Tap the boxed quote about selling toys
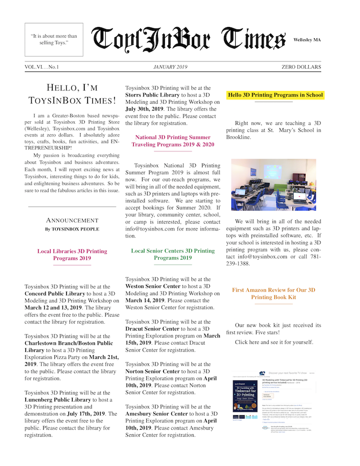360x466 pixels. coord(54,40)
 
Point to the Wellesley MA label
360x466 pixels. coord(307,40)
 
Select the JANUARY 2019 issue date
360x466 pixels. coord(170,67)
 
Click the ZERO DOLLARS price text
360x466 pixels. coord(301,67)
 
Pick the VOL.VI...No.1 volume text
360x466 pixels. coord(45,67)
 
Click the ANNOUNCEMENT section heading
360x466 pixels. coord(72,220)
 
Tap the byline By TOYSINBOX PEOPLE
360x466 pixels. coord(72,229)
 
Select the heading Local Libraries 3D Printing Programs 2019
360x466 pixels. coord(72,254)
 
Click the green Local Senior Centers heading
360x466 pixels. coord(173,254)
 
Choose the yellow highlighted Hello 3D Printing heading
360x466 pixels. coord(275,95)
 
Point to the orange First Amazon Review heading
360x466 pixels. coord(273,293)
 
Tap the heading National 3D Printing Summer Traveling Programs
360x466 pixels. coord(173,141)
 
